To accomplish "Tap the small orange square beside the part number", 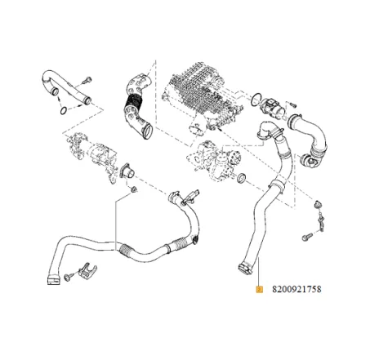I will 259,289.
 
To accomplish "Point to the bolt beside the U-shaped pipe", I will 87,80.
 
